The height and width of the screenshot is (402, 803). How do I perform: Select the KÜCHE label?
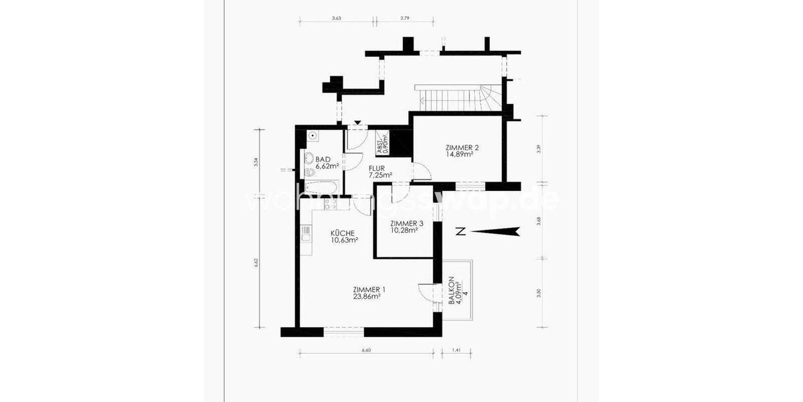(x=343, y=233)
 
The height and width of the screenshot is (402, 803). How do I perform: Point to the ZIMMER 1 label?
(x=366, y=289)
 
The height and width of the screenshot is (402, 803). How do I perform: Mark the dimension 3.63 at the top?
(x=337, y=19)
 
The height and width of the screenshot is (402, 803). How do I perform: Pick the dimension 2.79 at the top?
(x=405, y=19)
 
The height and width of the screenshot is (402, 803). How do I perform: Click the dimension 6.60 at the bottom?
(x=366, y=349)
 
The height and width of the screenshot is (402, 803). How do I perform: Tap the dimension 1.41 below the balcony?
(x=457, y=349)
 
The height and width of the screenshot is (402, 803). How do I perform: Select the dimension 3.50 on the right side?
(x=539, y=292)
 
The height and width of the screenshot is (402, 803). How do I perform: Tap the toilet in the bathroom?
(x=310, y=159)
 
